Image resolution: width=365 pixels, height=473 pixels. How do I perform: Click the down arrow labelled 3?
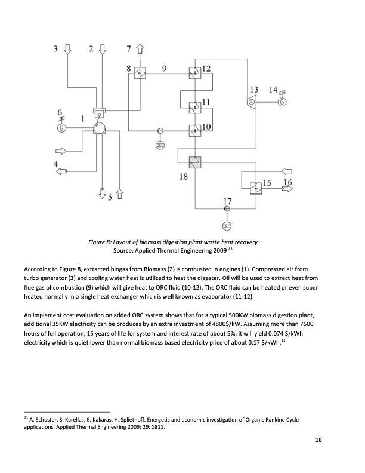(x=67, y=50)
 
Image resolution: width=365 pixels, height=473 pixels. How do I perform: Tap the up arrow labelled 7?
(x=140, y=50)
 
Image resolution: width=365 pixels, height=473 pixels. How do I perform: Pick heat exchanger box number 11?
(x=195, y=107)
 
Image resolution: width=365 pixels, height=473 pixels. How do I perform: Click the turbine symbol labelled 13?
(x=252, y=102)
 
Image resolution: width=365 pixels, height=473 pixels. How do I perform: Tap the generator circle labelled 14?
(x=282, y=102)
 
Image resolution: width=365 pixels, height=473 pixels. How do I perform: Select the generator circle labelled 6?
(x=61, y=127)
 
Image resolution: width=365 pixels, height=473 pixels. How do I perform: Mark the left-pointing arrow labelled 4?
(x=61, y=171)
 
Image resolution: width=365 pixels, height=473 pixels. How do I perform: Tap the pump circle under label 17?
(x=227, y=225)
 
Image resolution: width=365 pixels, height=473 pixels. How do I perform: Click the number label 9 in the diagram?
(x=164, y=67)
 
